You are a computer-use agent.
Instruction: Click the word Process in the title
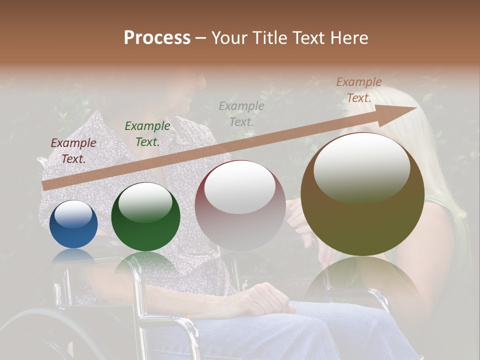click(157, 38)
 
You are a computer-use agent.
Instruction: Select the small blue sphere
click(74, 224)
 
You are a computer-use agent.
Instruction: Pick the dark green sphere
click(145, 216)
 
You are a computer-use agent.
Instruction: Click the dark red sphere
click(240, 205)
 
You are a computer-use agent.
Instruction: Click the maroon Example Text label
click(73, 151)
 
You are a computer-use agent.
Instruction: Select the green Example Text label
click(147, 133)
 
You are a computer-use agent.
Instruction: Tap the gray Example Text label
click(241, 113)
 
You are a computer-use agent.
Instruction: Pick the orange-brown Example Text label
click(359, 90)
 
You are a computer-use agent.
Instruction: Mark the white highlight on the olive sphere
click(361, 168)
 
